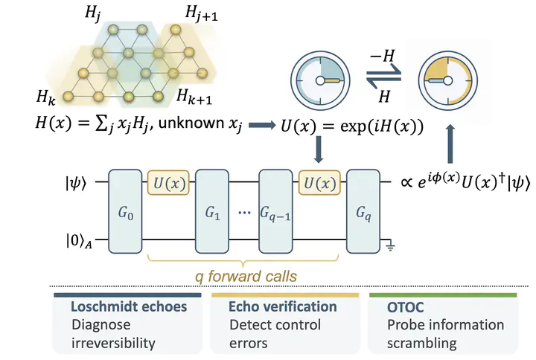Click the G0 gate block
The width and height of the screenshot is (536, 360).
125,211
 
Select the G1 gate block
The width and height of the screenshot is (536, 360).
212,211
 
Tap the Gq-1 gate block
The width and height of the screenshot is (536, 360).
275,211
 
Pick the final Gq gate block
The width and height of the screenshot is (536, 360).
363,211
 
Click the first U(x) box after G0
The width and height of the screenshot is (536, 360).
168,183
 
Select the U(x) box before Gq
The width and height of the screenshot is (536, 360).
319,183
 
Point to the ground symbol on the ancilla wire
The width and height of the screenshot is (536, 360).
390,246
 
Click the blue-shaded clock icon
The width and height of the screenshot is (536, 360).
320,81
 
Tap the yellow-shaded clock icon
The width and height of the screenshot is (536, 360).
448,81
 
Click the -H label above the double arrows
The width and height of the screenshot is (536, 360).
383,55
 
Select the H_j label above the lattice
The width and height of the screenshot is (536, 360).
92,14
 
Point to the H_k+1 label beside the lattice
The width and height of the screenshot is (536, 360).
194,96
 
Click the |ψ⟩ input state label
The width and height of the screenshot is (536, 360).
76,183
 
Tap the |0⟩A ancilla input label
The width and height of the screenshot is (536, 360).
79,241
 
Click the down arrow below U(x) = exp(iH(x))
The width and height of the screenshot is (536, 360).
319,150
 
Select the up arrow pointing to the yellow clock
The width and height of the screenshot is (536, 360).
450,144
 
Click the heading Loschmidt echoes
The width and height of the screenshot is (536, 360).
129,306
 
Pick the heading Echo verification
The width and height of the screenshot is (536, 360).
283,306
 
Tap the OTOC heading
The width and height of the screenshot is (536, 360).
406,307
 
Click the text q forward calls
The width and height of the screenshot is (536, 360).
246,276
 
